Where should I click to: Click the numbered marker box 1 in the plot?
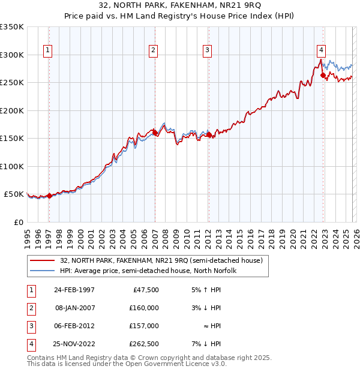coord(47,50)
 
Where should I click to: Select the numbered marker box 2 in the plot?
coord(154,50)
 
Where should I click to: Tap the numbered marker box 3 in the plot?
coord(207,50)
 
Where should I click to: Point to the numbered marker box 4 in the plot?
coord(322,50)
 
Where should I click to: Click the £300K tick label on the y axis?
coord(12,55)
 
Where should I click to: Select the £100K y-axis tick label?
coord(12,166)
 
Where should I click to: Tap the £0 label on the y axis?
coord(19,222)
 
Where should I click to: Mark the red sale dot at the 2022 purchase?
coord(323,76)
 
